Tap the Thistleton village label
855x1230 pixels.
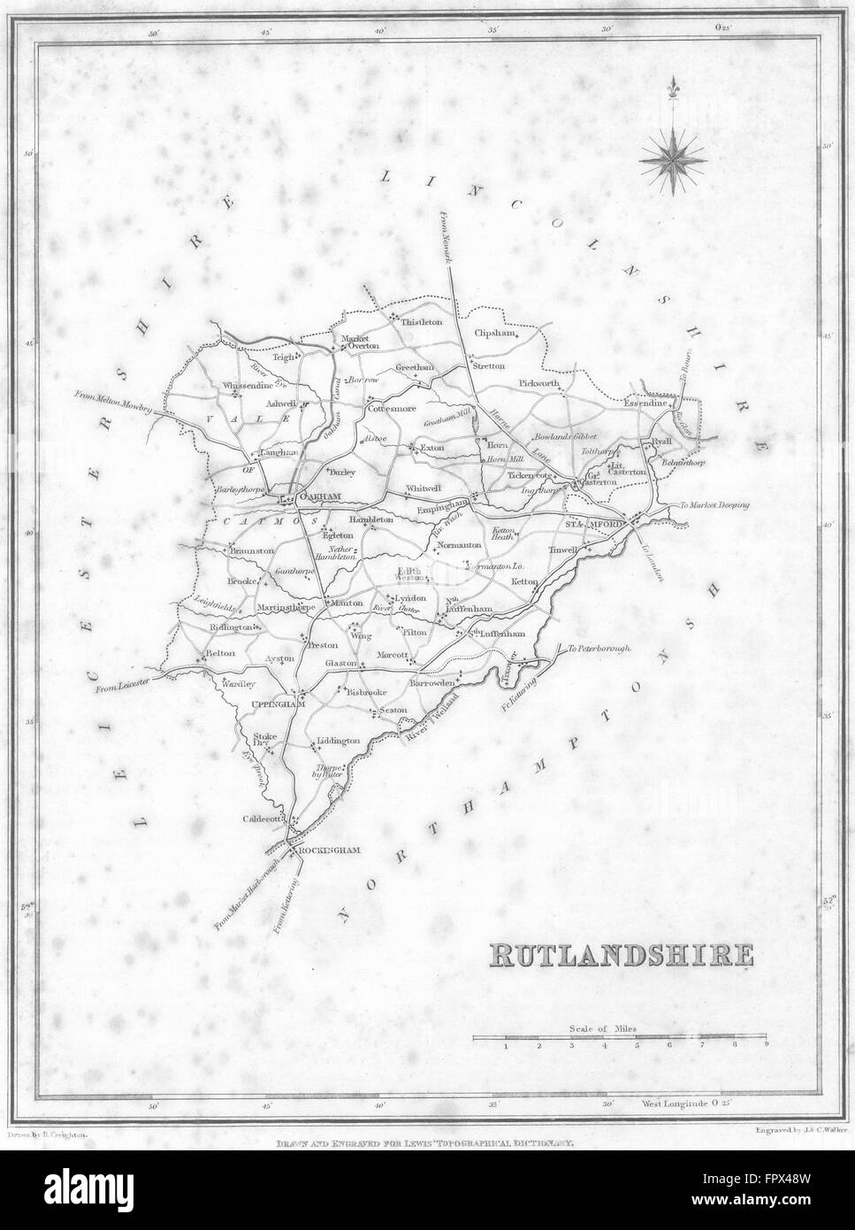pyautogui.click(x=421, y=322)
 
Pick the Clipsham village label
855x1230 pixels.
pyautogui.click(x=495, y=335)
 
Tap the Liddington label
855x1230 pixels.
pyautogui.click(x=337, y=740)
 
